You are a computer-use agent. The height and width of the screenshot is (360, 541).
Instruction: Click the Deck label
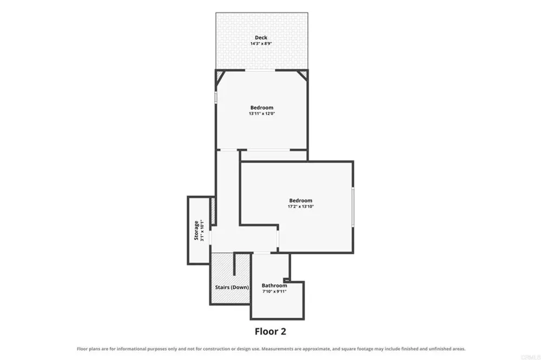pyautogui.click(x=261, y=38)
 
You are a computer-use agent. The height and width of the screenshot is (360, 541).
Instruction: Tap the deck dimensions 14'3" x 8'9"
pyautogui.click(x=261, y=44)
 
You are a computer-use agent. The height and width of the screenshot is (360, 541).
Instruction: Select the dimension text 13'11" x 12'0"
pyautogui.click(x=262, y=114)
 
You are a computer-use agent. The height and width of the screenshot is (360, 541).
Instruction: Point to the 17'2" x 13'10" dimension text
pyautogui.click(x=301, y=206)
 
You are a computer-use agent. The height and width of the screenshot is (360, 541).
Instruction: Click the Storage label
pyautogui.click(x=196, y=230)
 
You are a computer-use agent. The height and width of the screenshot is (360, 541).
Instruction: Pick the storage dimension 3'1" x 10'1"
pyautogui.click(x=202, y=230)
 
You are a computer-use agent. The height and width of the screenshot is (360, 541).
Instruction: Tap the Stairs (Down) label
pyautogui.click(x=232, y=287)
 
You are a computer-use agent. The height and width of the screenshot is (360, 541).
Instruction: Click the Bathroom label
pyautogui.click(x=274, y=285)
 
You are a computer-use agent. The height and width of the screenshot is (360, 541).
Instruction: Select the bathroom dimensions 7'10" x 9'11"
pyautogui.click(x=274, y=291)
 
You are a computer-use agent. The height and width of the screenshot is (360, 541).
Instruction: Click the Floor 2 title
pyautogui.click(x=270, y=331)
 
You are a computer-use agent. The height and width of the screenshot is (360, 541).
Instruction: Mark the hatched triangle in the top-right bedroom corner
pyautogui.click(x=303, y=75)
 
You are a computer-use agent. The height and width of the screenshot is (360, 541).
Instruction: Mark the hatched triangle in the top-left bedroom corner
pyautogui.click(x=220, y=76)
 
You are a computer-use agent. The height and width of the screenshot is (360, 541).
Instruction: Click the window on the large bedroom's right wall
pyautogui.click(x=353, y=206)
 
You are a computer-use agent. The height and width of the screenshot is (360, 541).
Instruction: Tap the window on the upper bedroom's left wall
pyautogui.click(x=216, y=97)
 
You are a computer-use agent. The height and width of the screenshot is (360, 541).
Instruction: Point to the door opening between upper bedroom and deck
pyautogui.click(x=260, y=70)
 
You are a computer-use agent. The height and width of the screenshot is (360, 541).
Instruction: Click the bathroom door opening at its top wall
pyautogui.click(x=262, y=254)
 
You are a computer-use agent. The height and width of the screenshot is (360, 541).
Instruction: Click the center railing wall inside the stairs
pyautogui.click(x=234, y=264)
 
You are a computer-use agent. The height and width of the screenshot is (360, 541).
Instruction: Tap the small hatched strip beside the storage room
pyautogui.click(x=213, y=211)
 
